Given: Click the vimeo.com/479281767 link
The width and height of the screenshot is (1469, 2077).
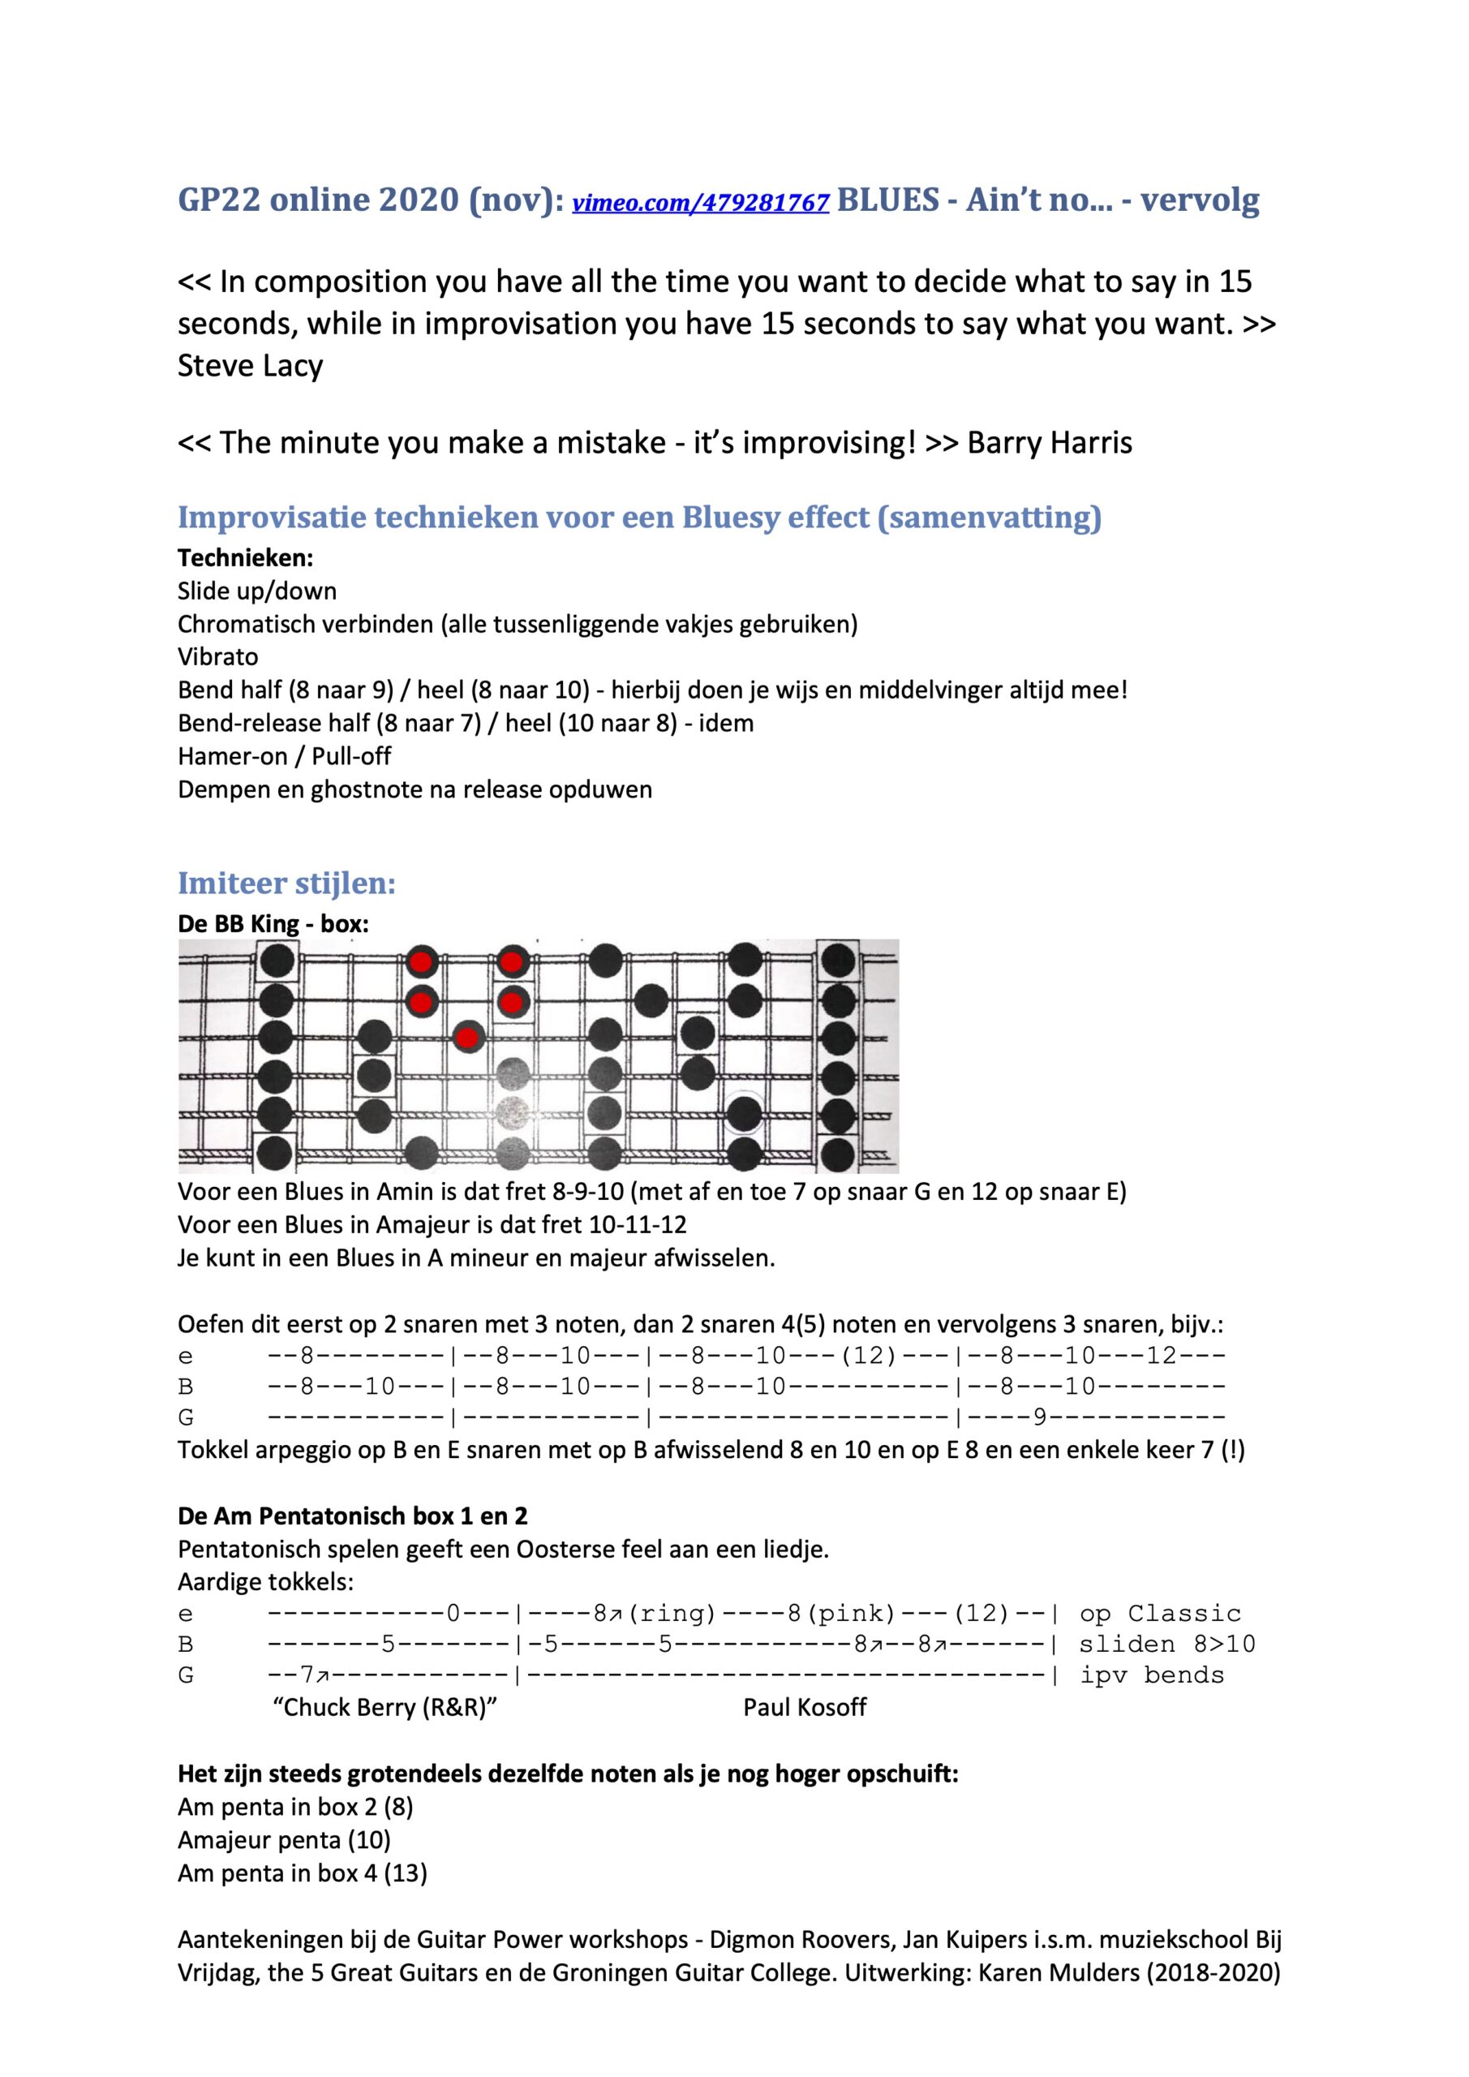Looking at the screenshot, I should click(x=701, y=203).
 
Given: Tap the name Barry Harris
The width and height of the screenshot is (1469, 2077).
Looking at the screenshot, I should click(x=1050, y=442).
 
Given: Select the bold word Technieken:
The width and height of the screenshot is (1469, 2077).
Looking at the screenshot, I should click(x=245, y=557).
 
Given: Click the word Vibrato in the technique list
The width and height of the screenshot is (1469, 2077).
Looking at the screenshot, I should click(x=217, y=656).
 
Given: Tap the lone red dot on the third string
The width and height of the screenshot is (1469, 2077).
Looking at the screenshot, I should click(x=466, y=1037).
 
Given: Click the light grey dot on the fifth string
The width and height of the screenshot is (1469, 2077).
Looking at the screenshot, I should click(x=513, y=1110).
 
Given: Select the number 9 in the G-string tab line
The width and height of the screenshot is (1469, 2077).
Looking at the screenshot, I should click(x=1039, y=1417).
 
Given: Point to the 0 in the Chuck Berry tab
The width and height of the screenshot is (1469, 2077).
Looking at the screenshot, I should click(x=454, y=1613).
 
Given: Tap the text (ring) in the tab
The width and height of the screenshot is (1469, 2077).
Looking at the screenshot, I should click(x=673, y=1613).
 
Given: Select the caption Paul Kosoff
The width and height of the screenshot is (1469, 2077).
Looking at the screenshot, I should click(x=804, y=1707).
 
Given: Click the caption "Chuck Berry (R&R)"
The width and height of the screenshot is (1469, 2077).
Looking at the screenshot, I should click(x=385, y=1707).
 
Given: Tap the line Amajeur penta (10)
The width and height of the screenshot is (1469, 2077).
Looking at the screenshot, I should click(x=284, y=1839).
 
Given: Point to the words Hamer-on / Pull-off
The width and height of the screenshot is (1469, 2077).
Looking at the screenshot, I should click(x=284, y=756).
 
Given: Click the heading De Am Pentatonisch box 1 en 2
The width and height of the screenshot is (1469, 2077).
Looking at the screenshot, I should click(x=353, y=1516).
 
